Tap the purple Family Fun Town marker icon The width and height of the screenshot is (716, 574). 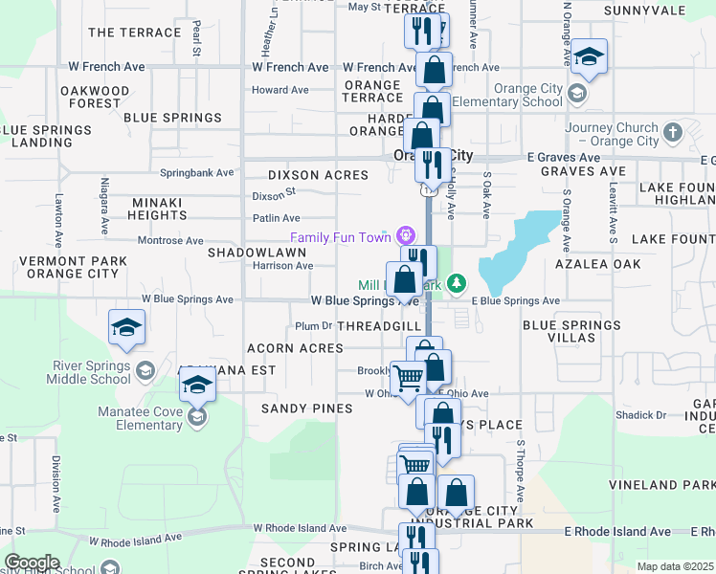pos(407,234)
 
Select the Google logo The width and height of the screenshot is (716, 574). pos(32,563)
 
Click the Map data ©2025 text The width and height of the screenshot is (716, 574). pos(676,566)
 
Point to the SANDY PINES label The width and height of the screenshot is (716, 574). pos(307,408)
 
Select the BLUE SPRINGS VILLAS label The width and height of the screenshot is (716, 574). pos(571,331)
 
